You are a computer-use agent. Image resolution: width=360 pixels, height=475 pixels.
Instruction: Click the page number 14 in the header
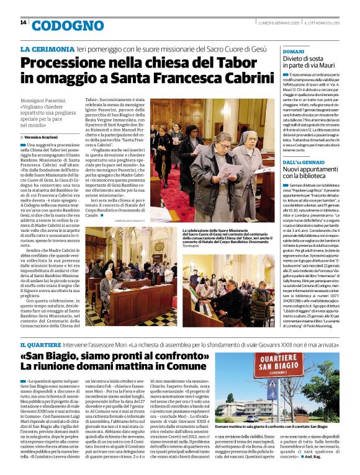click(x=23, y=22)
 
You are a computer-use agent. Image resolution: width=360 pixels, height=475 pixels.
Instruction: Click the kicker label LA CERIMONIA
click(x=45, y=49)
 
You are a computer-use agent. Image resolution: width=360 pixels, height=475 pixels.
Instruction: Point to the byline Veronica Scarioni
click(x=43, y=137)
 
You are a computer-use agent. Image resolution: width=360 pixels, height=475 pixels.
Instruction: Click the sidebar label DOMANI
click(x=294, y=51)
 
